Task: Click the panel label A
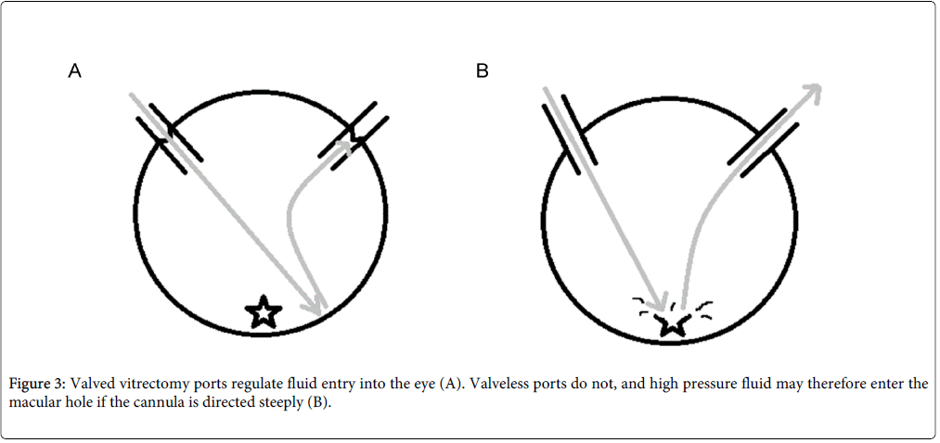74,71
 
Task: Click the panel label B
482,71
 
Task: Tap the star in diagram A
264,312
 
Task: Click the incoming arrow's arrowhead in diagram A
315,304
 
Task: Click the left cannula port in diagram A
169,139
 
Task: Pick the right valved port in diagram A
354,136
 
